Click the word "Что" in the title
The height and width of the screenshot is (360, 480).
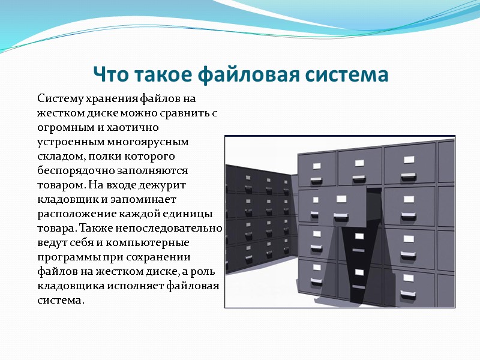112,76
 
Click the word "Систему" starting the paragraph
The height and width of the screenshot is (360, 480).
58,98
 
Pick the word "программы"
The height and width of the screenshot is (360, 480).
65,257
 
